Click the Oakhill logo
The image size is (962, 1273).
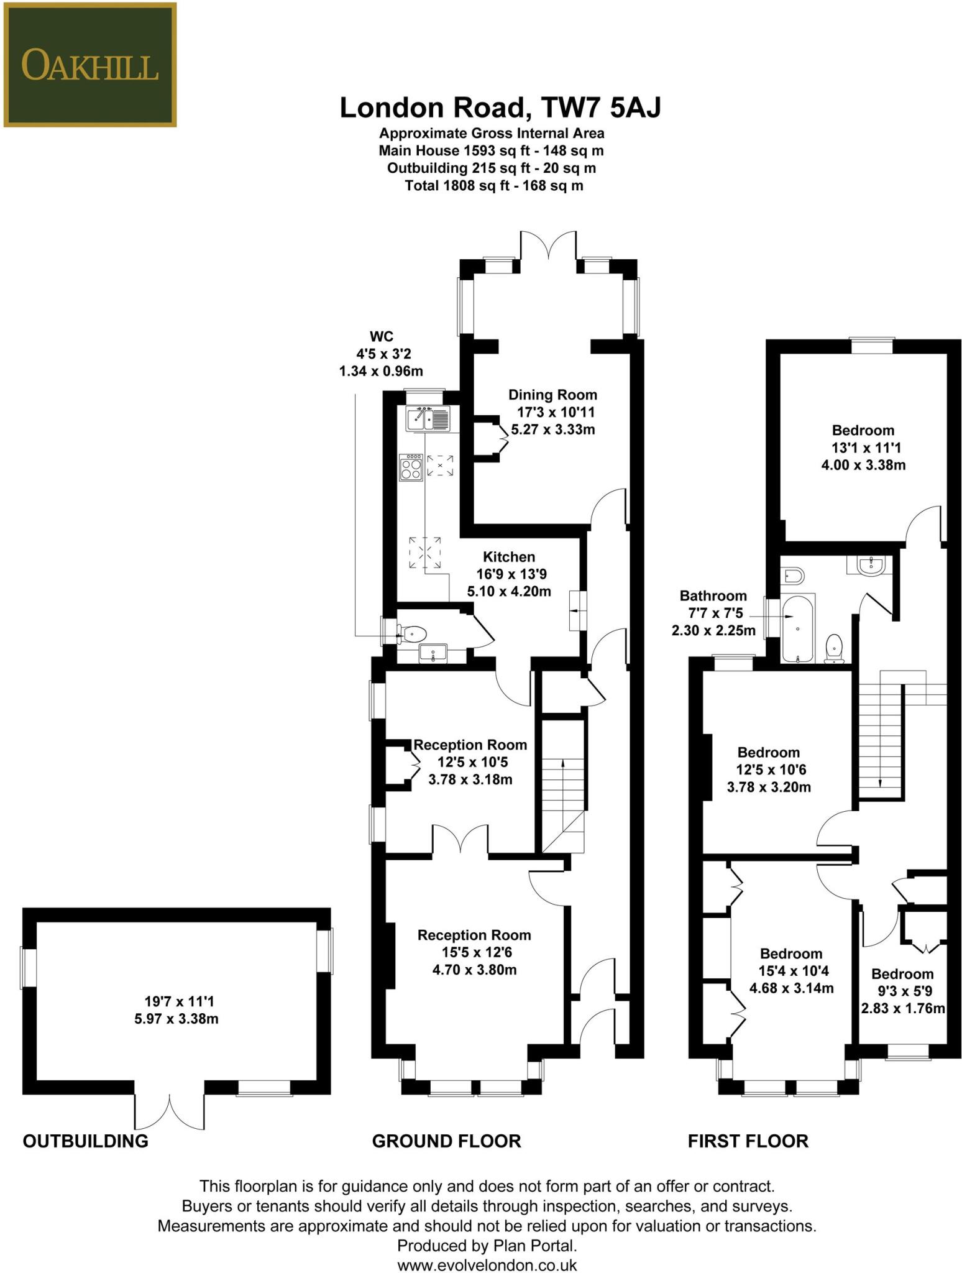(89, 65)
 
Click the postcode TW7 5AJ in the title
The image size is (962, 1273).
(601, 108)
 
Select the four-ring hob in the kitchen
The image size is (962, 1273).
(411, 467)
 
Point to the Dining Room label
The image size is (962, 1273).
(552, 395)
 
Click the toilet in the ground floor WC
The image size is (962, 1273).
(413, 634)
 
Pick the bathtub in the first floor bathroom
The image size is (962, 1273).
(797, 630)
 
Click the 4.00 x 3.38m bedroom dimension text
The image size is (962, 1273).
(863, 465)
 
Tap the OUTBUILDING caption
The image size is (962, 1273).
(85, 1141)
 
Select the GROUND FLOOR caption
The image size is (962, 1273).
(446, 1141)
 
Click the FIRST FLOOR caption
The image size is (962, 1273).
(748, 1141)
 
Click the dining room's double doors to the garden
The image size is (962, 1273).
(549, 246)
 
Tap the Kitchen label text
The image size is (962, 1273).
(509, 557)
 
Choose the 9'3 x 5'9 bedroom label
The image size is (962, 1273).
(902, 991)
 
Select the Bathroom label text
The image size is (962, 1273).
(713, 596)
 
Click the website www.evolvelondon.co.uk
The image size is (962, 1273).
(487, 1264)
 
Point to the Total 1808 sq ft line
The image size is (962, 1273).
(493, 185)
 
